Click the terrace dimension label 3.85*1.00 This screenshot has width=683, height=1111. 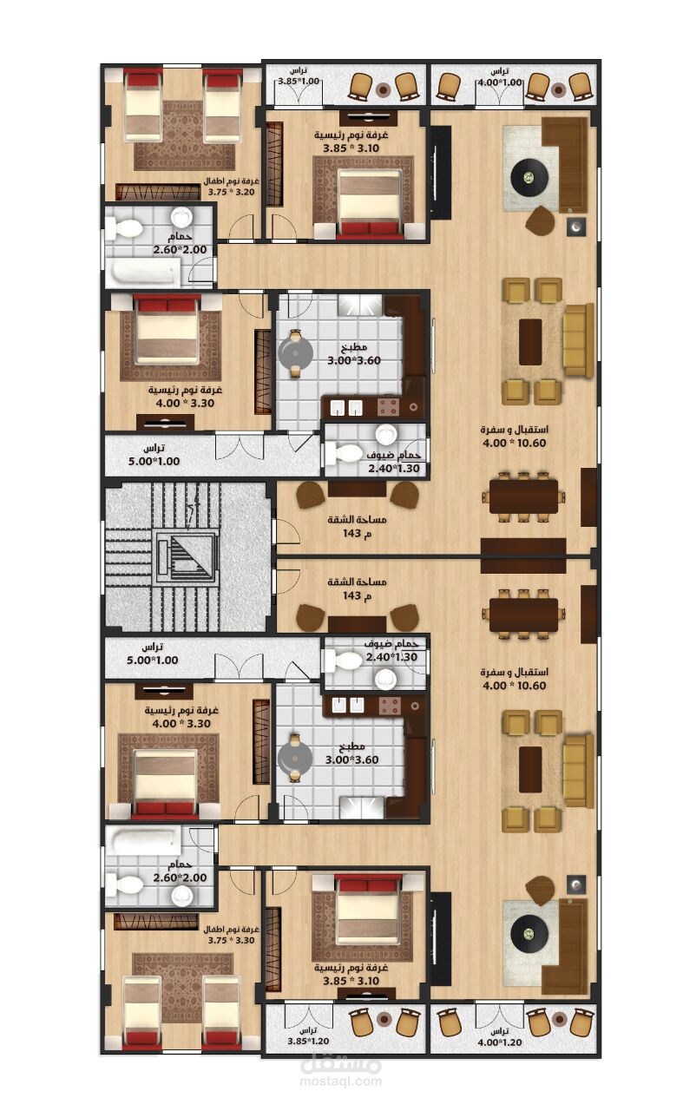point(298,81)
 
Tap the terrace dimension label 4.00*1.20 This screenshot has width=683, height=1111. point(500,1042)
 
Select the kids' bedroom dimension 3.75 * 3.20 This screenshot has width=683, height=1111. point(231,192)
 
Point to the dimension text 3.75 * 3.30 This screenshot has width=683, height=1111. point(231,940)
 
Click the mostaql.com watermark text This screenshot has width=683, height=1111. point(341,1091)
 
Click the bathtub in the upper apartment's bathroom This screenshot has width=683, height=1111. point(146,273)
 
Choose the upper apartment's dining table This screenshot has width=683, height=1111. point(523,496)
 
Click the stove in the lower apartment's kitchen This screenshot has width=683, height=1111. point(389,705)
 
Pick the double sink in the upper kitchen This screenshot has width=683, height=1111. point(346,408)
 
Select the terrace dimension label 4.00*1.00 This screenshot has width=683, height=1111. point(500,82)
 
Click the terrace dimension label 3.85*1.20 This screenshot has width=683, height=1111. point(308,1042)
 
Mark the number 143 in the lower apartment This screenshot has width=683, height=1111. point(351,595)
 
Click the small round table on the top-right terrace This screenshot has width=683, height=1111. point(559,89)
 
